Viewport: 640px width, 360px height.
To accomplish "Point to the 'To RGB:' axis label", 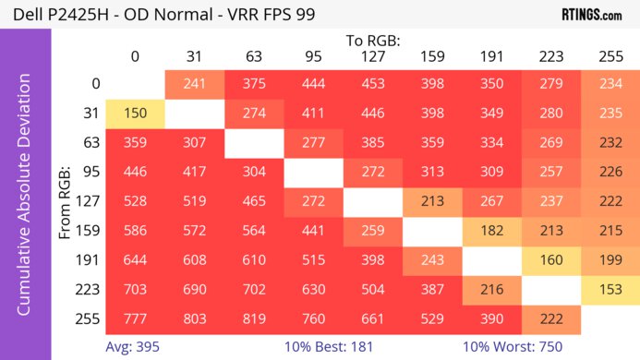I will [372, 41].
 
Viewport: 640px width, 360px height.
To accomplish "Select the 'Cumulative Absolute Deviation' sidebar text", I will [25, 201].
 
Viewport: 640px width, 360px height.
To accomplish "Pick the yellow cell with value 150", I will [135, 113].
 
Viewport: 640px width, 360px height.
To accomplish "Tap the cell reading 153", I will [610, 288].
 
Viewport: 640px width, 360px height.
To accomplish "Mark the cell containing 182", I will [491, 230].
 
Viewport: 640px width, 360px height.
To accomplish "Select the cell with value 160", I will [551, 259].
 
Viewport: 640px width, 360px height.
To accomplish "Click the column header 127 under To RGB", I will [373, 57].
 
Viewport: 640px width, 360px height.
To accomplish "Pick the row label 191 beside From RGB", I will [90, 259].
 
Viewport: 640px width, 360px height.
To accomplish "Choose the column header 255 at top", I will [610, 57].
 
